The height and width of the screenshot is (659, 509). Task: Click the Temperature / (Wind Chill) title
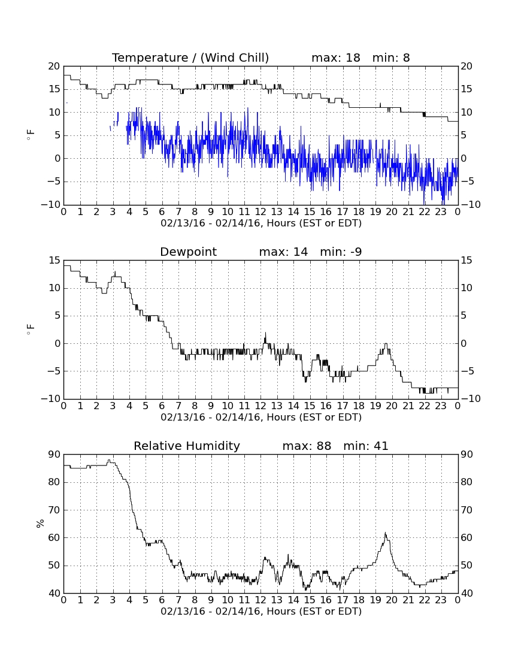pos(190,58)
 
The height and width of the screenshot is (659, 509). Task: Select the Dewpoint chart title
pos(188,252)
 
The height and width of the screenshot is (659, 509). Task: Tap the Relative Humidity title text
pos(186,446)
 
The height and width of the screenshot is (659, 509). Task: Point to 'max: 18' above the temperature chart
pos(335,58)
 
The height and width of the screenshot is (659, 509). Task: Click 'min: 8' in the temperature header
pos(391,58)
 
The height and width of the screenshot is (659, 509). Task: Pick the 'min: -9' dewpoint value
pos(341,252)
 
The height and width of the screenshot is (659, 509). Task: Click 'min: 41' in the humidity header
pos(366,446)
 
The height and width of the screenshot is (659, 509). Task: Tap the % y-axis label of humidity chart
pos(40,523)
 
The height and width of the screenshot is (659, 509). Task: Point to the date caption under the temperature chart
pos(261,223)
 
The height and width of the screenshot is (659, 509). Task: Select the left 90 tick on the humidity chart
pos(54,454)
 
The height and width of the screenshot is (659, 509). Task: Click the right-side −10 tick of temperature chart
pos(470,205)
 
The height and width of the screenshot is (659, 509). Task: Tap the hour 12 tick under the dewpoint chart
pos(260,406)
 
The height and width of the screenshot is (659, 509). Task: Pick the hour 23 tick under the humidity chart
pos(441,600)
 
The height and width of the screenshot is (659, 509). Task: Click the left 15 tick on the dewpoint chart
pos(54,261)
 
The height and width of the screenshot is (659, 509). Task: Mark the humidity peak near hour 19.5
pos(385,533)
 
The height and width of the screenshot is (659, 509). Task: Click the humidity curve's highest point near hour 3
pos(109,460)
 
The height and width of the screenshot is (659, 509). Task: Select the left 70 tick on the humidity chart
pos(54,510)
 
